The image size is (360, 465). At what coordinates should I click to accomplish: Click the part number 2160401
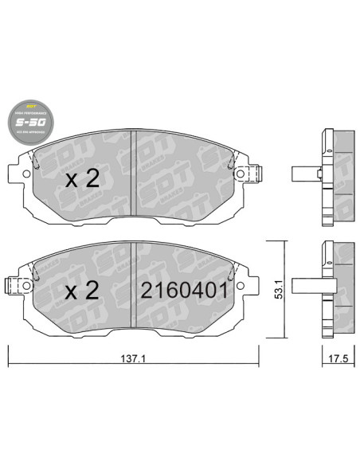(x=185, y=291)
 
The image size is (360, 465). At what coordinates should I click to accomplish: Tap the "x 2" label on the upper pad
(x=82, y=178)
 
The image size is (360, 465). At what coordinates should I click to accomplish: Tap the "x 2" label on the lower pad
(x=82, y=291)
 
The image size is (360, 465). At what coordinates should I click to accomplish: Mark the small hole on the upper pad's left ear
(x=26, y=170)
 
